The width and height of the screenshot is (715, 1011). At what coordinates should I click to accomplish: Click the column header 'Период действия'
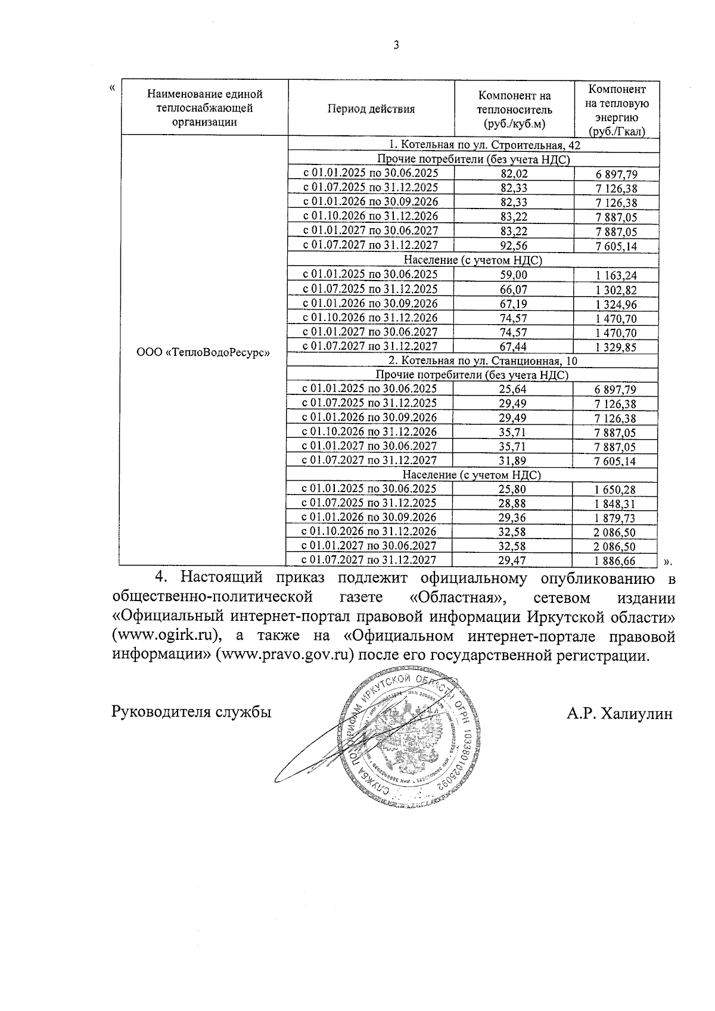point(371,109)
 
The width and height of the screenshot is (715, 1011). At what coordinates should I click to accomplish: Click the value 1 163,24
point(615,275)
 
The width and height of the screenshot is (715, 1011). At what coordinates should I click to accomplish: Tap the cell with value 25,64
point(513,389)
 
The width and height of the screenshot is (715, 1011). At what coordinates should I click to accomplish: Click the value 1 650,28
point(615,490)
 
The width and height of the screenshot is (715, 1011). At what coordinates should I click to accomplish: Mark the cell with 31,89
point(513,461)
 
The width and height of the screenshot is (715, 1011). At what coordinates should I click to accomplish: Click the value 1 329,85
point(615,347)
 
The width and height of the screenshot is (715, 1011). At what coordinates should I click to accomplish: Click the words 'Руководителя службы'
point(191,711)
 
